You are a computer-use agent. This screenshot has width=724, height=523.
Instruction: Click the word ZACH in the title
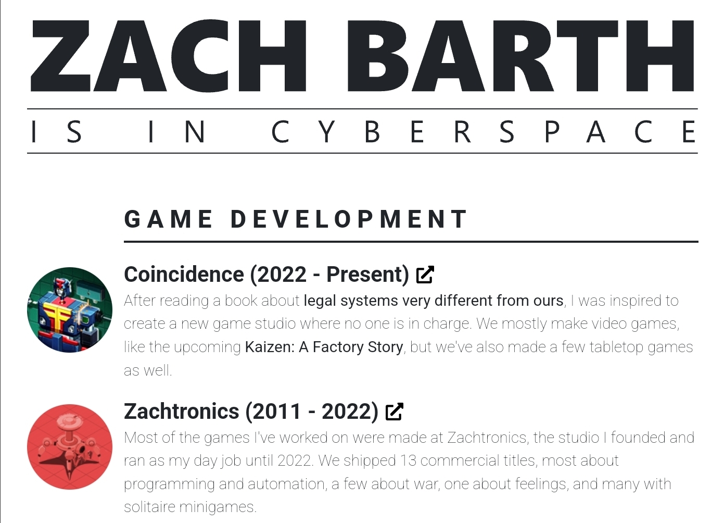click(x=168, y=56)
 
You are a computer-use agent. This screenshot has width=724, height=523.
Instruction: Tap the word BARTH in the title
click(x=520, y=56)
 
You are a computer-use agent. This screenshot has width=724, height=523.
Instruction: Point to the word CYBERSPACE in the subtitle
click(x=484, y=131)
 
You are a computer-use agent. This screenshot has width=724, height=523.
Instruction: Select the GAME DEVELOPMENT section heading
click(x=296, y=219)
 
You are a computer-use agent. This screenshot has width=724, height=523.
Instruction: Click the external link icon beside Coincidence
click(x=425, y=275)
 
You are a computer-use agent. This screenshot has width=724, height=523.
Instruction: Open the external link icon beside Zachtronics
click(x=395, y=412)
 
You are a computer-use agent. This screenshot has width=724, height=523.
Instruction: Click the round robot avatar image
click(x=70, y=310)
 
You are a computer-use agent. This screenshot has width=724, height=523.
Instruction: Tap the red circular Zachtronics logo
click(x=70, y=447)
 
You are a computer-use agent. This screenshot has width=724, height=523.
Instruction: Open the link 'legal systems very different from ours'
click(x=434, y=301)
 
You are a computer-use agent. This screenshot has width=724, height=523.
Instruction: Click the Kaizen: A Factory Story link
click(x=324, y=347)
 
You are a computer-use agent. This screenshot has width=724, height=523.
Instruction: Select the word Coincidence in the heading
click(x=184, y=275)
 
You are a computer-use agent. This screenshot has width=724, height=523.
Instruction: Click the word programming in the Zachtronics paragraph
click(x=169, y=484)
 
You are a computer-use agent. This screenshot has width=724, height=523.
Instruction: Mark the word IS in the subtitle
click(x=56, y=131)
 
